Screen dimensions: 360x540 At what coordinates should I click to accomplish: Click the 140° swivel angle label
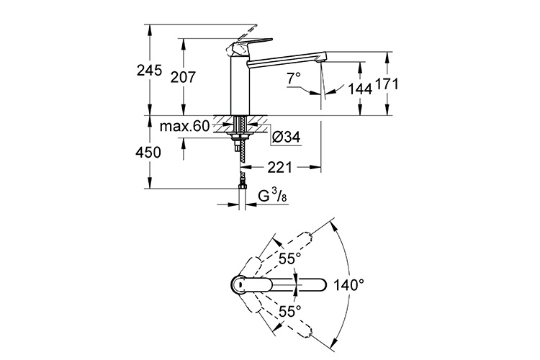[x=351, y=284]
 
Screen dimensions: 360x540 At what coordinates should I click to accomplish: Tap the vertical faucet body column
[x=239, y=86]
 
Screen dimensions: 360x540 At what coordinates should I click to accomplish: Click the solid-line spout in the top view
[x=295, y=284]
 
